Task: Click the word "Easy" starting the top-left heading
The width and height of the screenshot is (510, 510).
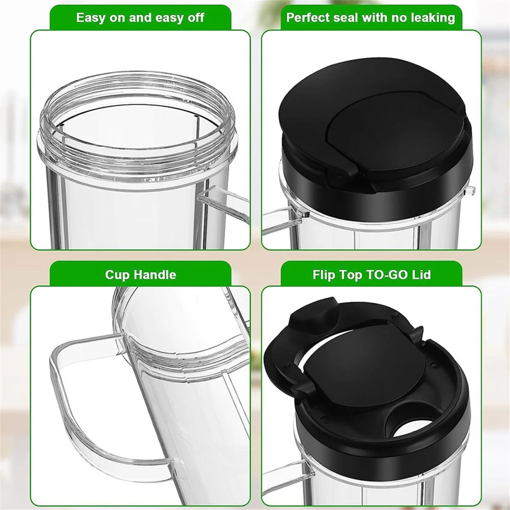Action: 91,18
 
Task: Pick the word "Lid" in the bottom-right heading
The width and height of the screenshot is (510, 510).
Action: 421,275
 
